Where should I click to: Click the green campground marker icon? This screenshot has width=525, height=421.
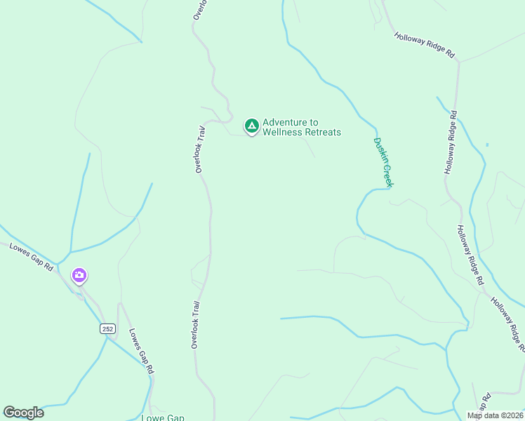pos(251,126)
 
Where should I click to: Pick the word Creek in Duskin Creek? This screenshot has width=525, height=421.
pos(388,177)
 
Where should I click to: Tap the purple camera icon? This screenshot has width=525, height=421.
pos(79,275)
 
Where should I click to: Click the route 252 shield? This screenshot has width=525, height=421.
pos(107,328)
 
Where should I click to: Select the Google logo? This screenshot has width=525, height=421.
pos(23,413)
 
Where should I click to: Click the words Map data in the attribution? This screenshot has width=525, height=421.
pos(484,415)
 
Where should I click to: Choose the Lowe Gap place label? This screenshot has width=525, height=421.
pos(163,418)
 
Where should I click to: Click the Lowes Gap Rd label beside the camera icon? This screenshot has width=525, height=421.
pos(31,257)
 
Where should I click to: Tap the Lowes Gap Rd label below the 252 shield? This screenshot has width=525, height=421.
pos(141,351)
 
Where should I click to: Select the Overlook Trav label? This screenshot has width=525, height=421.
pos(199,149)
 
